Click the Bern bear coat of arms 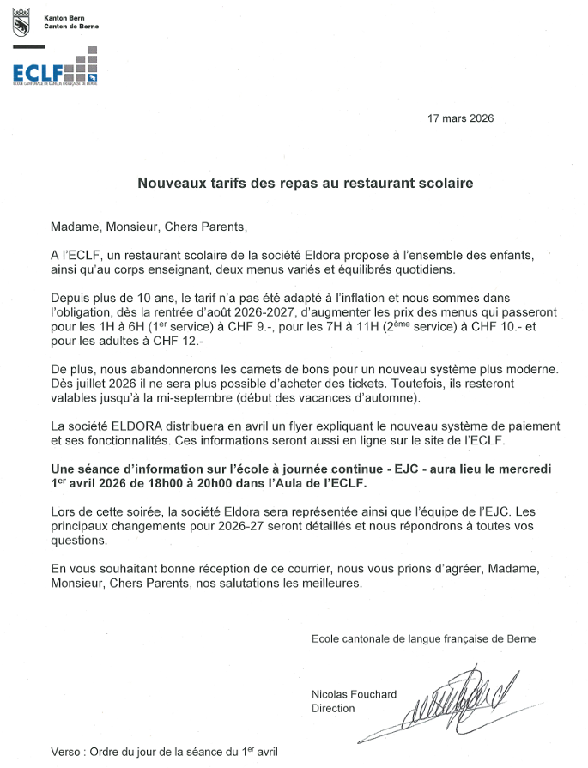point(21,23)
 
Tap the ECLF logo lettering point(39,72)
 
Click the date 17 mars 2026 point(460,119)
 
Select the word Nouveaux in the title point(169,183)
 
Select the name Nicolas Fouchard point(354,694)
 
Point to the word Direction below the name point(333,709)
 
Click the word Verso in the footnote point(66,751)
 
